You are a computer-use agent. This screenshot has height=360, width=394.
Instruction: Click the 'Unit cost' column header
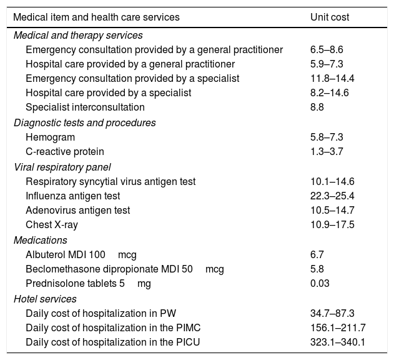[x=330, y=17]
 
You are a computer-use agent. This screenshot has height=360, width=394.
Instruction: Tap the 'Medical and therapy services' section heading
[x=78, y=36]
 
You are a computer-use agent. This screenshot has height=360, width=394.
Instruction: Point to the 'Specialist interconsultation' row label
[x=85, y=107]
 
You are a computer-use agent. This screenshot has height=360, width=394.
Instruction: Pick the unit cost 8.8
[x=317, y=107]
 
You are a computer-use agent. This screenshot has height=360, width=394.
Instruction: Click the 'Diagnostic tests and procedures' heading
[x=85, y=122]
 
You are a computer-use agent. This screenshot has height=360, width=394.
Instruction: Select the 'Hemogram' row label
[x=50, y=137]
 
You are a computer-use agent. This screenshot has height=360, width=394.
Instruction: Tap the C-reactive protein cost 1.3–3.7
[x=326, y=151]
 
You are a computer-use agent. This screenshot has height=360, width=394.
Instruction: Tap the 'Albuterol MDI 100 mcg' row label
[x=81, y=254]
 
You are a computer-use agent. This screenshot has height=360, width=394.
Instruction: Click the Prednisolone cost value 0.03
[x=319, y=283]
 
